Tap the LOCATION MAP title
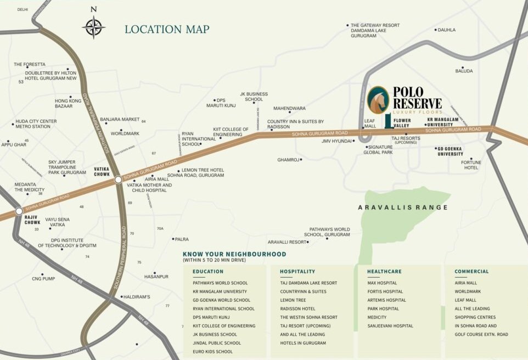[167, 29]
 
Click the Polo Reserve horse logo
[378, 100]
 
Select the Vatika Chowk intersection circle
[118, 179]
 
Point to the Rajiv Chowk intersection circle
[19, 211]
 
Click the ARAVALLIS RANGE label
[403, 207]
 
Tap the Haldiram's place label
[138, 297]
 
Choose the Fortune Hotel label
[471, 165]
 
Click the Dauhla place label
[447, 30]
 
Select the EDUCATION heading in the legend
[208, 271]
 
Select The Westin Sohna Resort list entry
[308, 317]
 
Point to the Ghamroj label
[289, 160]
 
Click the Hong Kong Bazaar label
[68, 103]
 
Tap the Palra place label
[182, 239]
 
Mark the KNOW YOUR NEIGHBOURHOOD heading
[234, 254]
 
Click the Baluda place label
[464, 71]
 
